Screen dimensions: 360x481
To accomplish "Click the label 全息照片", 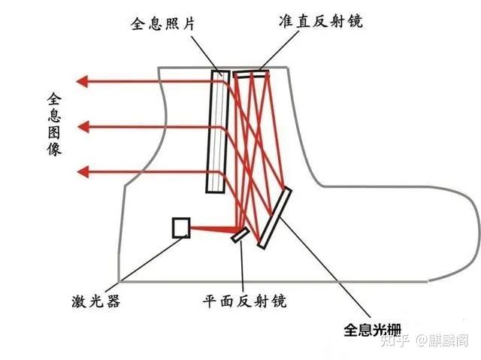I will coord(162,22).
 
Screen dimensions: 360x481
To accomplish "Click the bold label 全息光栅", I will coord(373,328).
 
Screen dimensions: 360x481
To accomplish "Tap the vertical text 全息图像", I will coord(54,124).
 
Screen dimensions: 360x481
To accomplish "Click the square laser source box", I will coord(181,228).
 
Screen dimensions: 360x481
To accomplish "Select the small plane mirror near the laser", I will coord(240,235).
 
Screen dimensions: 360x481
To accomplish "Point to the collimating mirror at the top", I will coord(250,73).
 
